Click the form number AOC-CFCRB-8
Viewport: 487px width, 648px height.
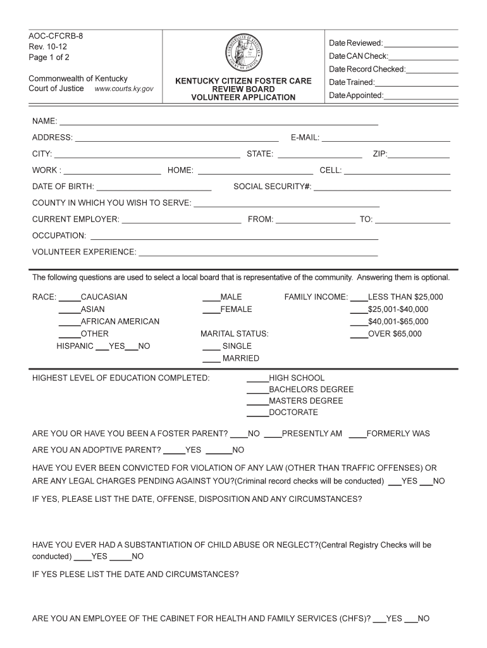coord(56,36)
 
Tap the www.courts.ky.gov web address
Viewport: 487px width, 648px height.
coord(124,89)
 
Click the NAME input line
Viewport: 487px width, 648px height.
coord(218,121)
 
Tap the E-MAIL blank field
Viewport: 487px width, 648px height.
coord(386,138)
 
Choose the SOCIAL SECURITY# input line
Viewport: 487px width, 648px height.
coord(382,187)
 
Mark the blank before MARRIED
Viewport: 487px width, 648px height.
coord(211,359)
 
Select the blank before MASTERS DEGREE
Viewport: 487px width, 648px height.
coord(257,402)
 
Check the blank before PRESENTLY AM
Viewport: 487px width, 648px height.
coord(273,435)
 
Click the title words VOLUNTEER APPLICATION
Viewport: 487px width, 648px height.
coord(244,97)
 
